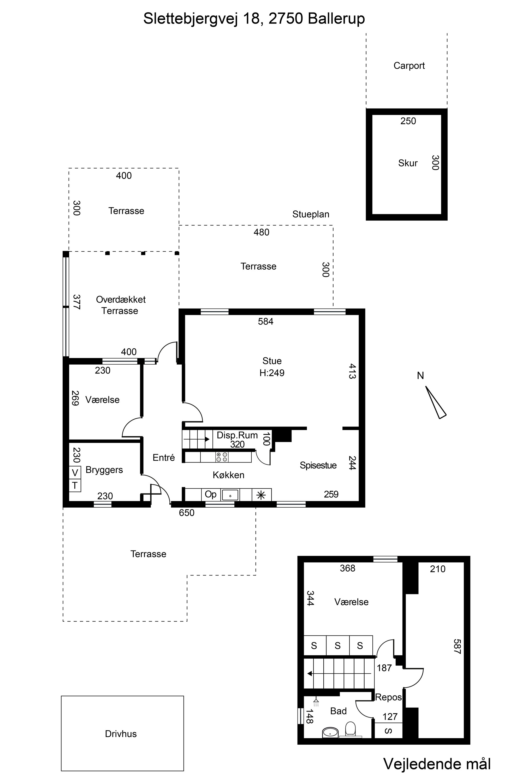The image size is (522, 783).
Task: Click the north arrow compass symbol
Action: coord(435,402)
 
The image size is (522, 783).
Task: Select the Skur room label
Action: coord(408,163)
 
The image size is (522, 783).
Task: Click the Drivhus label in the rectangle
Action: coord(121,734)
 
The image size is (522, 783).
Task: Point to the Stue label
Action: coord(272,361)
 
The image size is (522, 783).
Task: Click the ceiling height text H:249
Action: coord(272,373)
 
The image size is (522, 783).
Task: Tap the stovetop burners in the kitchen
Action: coord(222,457)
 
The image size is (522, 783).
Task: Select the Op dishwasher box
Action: coord(210,494)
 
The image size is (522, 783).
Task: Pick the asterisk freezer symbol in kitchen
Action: coord(261,495)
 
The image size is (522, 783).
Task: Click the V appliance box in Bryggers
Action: coord(75,473)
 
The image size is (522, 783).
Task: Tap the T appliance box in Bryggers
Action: coord(75,485)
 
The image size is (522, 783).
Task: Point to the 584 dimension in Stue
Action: coord(266,321)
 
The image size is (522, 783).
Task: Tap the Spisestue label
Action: coord(318,465)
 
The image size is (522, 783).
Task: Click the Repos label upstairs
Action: coord(389,697)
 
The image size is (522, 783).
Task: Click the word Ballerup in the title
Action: coord(336,19)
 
